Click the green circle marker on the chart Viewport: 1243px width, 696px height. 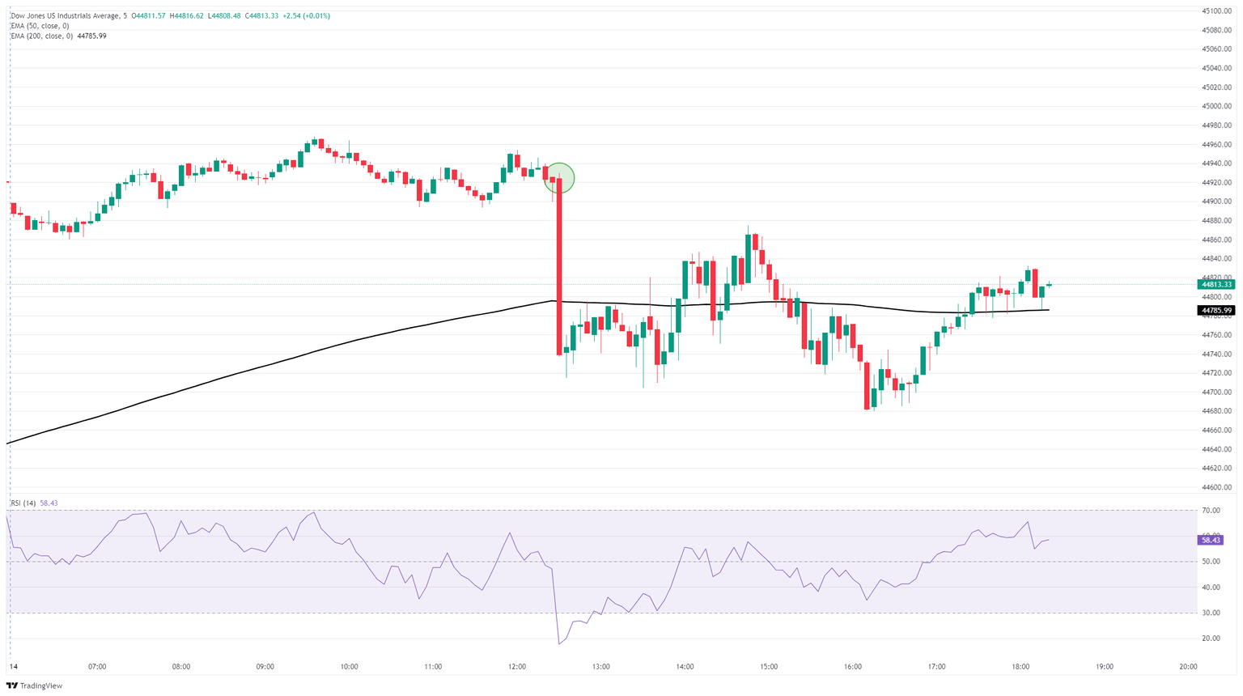point(558,178)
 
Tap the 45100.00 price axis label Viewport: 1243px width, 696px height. point(1216,11)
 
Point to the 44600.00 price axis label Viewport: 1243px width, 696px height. point(1216,487)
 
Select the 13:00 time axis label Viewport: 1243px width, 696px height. point(600,667)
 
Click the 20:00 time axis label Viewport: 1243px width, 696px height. point(1188,667)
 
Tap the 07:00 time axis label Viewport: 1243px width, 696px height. point(97,667)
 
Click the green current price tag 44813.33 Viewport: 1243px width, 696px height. point(1216,284)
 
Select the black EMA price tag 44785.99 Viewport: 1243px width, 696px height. point(1216,310)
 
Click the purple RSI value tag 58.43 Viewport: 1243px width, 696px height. point(1211,540)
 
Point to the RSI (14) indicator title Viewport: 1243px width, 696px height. point(23,503)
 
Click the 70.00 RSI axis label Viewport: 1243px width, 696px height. point(1211,511)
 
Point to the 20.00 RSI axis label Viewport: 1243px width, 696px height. point(1211,639)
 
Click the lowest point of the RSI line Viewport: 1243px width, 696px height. point(558,644)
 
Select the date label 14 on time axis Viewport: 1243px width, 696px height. point(12,667)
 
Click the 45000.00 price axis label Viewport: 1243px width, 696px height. point(1216,106)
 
